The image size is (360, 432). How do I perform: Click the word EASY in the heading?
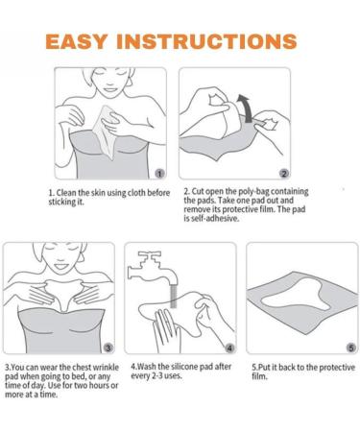[77, 41]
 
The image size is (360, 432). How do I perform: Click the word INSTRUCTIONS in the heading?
[207, 41]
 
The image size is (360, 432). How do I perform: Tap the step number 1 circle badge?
[159, 174]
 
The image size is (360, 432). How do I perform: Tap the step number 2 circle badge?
[284, 174]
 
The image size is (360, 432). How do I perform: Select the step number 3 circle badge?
[108, 348]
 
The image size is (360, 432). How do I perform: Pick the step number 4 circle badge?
[229, 348]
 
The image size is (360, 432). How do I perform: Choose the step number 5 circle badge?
[351, 348]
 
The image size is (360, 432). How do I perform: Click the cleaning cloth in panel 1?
[105, 132]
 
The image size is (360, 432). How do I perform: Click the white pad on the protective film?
[296, 295]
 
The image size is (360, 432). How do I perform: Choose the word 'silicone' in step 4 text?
[184, 367]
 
